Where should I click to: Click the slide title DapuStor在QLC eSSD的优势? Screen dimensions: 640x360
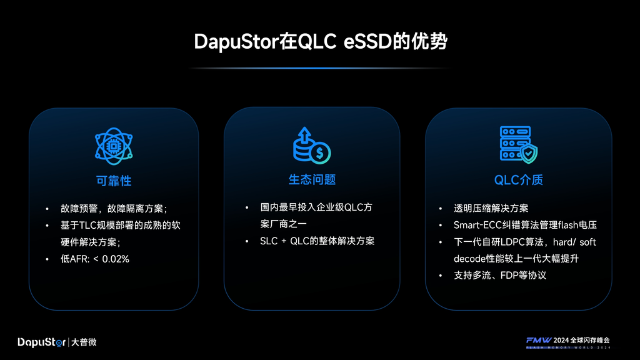pyautogui.click(x=321, y=41)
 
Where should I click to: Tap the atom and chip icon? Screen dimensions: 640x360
pyautogui.click(x=114, y=146)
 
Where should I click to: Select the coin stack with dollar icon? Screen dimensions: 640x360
pyautogui.click(x=312, y=146)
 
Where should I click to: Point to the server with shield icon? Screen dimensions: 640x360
pyautogui.click(x=518, y=145)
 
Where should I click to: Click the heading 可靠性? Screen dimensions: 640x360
pyautogui.click(x=114, y=181)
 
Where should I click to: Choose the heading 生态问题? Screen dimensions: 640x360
pyautogui.click(x=312, y=179)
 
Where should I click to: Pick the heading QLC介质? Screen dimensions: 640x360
pyautogui.click(x=518, y=180)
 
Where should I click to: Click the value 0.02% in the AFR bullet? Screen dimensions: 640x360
pyautogui.click(x=116, y=259)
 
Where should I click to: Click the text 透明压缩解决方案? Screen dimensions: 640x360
pyautogui.click(x=491, y=208)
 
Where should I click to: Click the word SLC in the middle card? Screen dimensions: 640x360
pyautogui.click(x=269, y=241)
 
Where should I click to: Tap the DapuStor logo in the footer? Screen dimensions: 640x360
pyautogui.click(x=42, y=342)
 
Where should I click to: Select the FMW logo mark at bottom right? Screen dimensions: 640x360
pyautogui.click(x=539, y=341)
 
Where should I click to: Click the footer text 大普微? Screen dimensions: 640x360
pyautogui.click(x=84, y=342)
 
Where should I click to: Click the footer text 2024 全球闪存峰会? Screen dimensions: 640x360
pyautogui.click(x=582, y=341)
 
